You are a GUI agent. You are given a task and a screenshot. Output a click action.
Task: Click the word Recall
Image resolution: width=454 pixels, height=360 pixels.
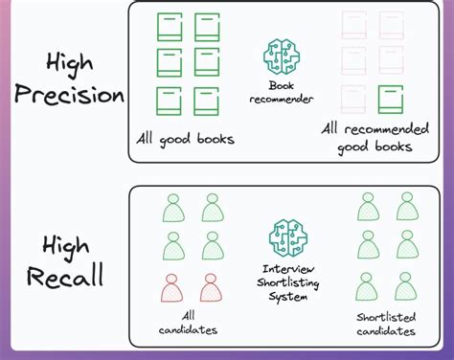click(64, 278)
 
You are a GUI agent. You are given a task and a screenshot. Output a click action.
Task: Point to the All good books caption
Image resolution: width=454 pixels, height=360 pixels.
click(187, 139)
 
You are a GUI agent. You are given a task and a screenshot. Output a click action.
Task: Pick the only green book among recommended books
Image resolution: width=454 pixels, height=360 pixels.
click(390, 99)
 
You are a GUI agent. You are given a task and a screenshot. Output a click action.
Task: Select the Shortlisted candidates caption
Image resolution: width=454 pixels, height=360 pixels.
click(385, 324)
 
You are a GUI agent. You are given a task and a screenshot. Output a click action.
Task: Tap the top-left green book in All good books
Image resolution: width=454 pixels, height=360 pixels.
click(170, 27)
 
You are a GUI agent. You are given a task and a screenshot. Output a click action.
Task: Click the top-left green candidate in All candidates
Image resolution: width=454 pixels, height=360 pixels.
click(173, 208)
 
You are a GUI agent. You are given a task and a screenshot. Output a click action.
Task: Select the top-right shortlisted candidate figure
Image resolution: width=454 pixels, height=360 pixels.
click(407, 206)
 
